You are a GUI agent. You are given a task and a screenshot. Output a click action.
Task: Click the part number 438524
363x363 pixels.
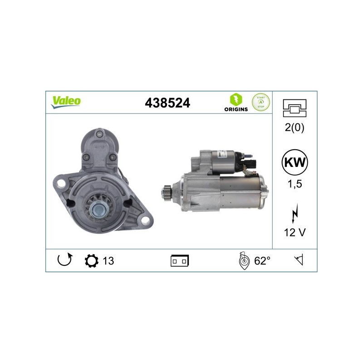[x=167, y=103]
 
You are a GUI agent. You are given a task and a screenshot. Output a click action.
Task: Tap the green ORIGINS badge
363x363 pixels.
[x=235, y=103]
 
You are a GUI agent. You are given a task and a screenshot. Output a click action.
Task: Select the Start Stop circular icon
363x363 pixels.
[x=261, y=103]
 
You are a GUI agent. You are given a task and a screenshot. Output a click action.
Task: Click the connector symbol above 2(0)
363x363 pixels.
[x=294, y=107]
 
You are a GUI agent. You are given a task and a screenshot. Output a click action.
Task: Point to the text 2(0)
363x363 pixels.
[x=294, y=128]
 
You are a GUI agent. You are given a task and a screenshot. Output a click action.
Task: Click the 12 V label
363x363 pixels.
[x=294, y=232]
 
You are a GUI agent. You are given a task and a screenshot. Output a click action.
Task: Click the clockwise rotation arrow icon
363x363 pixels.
[x=64, y=260]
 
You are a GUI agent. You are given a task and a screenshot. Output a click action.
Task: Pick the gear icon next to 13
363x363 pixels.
[x=91, y=261]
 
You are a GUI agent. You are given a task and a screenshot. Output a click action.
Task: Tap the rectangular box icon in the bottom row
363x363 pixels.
[x=180, y=261]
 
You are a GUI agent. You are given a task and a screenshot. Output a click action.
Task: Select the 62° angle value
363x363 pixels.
[x=262, y=260]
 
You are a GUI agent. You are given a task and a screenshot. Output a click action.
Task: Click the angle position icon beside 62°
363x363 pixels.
[x=244, y=260]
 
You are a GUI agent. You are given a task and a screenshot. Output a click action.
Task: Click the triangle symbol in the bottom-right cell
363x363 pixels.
[x=299, y=260]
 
